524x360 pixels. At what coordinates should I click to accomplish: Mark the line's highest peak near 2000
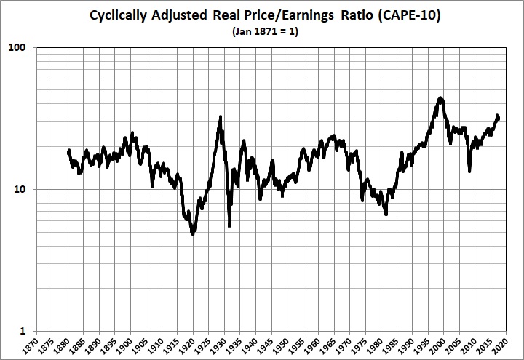[440, 97]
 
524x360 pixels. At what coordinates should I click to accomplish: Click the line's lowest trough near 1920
[193, 234]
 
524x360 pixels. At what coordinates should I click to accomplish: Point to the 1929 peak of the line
[221, 116]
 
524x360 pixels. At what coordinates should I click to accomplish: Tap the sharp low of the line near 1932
[229, 225]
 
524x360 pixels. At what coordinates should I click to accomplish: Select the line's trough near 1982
[386, 215]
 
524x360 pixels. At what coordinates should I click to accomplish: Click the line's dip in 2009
[469, 171]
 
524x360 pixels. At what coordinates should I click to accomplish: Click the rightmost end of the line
[499, 118]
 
